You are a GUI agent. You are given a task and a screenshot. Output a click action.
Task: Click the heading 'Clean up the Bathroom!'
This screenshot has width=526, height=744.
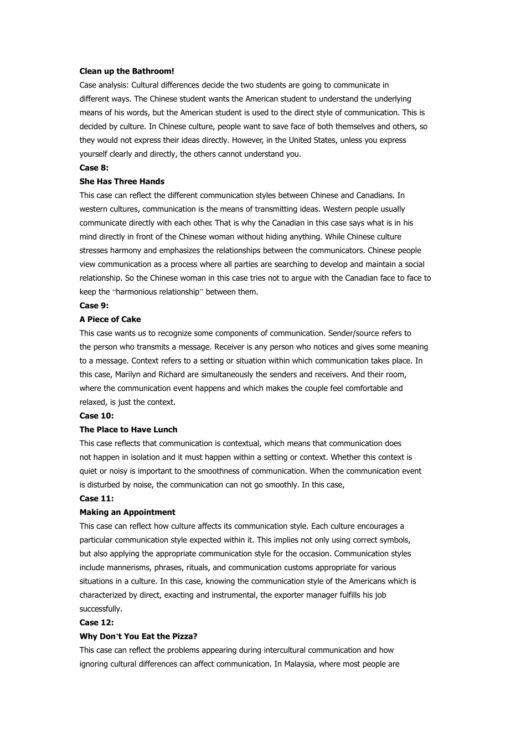click(127, 71)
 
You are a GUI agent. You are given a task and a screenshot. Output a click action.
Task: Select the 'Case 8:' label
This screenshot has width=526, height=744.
click(94, 168)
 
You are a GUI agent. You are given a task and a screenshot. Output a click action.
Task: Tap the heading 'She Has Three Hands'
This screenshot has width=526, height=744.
click(122, 182)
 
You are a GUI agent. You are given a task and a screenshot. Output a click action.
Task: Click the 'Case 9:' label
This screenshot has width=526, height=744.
click(94, 306)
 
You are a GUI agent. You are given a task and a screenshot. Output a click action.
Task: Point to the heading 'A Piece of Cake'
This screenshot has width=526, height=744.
click(110, 319)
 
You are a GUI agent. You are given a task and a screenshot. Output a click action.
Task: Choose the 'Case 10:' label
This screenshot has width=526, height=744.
click(96, 416)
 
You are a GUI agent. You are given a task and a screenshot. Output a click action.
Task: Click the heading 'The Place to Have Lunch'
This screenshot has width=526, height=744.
click(128, 430)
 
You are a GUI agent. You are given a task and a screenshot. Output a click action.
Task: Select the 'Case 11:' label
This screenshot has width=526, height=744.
click(96, 498)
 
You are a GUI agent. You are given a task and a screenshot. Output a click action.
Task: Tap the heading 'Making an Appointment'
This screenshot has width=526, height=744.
click(127, 512)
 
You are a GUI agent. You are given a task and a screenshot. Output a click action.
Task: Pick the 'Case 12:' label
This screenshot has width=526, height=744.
click(96, 622)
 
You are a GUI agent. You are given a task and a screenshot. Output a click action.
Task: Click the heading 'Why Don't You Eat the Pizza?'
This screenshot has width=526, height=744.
click(138, 636)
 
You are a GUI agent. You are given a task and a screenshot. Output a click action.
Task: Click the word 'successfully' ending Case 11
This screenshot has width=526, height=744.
click(100, 609)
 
